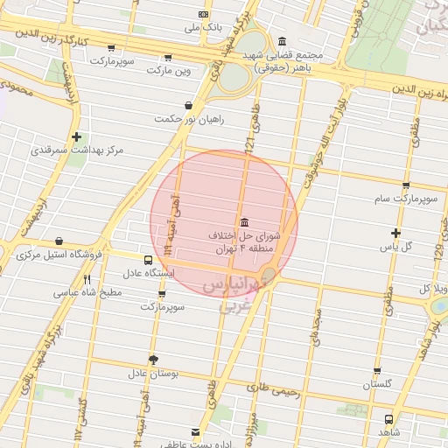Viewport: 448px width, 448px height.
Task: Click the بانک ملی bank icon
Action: pyautogui.click(x=204, y=14)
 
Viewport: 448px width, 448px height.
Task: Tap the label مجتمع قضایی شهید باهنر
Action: pyautogui.click(x=286, y=59)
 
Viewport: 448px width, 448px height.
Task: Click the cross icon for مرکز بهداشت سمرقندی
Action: pyautogui.click(x=78, y=136)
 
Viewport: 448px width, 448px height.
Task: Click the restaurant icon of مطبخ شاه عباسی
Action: pyautogui.click(x=87, y=280)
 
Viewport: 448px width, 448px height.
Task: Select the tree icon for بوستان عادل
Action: pyautogui.click(x=154, y=359)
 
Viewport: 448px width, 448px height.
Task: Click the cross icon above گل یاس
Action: pyautogui.click(x=395, y=233)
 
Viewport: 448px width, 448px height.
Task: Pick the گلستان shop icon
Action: pyautogui.click(x=377, y=371)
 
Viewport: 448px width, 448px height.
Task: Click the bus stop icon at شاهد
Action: pyautogui.click(x=388, y=418)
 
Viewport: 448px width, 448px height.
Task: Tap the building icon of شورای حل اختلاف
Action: pyautogui.click(x=242, y=221)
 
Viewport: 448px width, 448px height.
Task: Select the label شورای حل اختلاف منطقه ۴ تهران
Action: pyautogui.click(x=244, y=242)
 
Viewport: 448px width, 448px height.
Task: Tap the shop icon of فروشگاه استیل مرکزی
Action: pyautogui.click(x=59, y=241)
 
